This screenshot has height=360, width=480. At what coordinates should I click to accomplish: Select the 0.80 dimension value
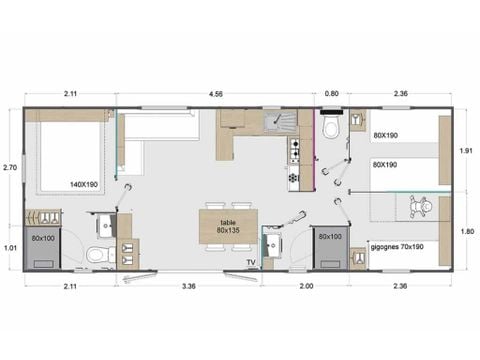pyautogui.click(x=332, y=96)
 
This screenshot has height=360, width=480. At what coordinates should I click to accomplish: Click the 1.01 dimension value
pyautogui.click(x=10, y=247)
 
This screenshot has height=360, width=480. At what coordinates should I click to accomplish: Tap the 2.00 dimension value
pyautogui.click(x=306, y=287)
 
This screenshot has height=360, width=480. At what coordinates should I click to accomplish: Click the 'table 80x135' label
pyautogui.click(x=228, y=225)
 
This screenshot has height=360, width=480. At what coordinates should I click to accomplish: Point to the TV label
pyautogui.click(x=251, y=262)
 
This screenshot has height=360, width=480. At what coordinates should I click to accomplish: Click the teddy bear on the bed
pyautogui.click(x=422, y=208)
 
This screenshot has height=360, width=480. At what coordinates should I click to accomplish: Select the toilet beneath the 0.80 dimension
pyautogui.click(x=332, y=127)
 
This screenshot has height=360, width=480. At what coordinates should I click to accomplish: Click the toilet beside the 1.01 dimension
pyautogui.click(x=100, y=254)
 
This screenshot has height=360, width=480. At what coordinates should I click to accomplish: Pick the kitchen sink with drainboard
pyautogui.click(x=275, y=123)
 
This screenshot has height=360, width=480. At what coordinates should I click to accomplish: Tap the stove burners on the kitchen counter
pyautogui.click(x=293, y=151)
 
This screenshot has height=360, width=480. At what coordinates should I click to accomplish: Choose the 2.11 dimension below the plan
pyautogui.click(x=69, y=287)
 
